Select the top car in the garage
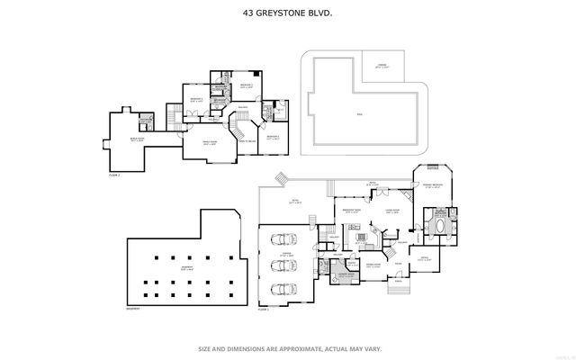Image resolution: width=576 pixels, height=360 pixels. pyautogui.click(x=283, y=240)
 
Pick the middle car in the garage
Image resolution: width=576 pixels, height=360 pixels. pyautogui.click(x=283, y=266)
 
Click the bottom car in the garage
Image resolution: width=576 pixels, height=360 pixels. pyautogui.click(x=283, y=290)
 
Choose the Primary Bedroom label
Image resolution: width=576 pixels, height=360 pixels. pyautogui.click(x=436, y=186)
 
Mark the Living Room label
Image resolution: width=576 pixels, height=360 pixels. pyautogui.click(x=392, y=211)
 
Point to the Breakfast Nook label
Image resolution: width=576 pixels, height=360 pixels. pyautogui.click(x=352, y=211)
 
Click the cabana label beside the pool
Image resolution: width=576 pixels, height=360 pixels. pyautogui.click(x=382, y=66)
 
